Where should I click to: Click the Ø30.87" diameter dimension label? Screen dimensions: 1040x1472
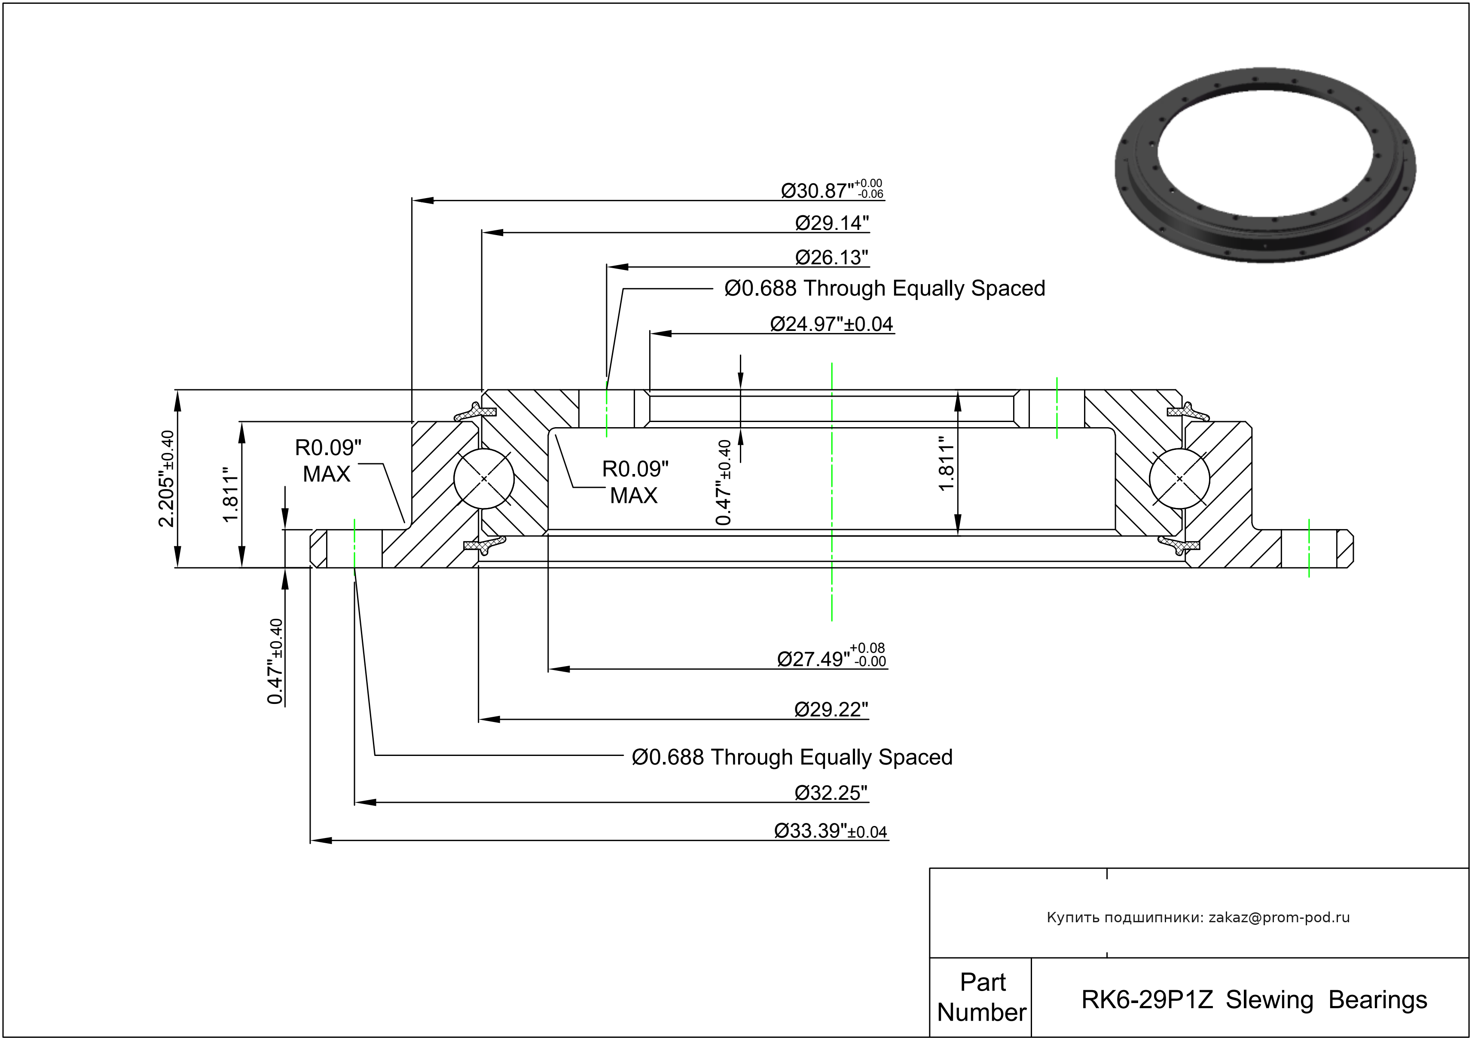831,190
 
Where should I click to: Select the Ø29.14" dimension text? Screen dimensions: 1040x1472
831,223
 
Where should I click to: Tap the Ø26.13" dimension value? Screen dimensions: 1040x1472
831,258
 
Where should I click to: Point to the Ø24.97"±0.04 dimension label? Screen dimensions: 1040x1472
831,324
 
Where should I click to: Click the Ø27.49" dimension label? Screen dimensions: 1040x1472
831,658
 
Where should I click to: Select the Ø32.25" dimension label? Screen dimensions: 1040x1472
831,793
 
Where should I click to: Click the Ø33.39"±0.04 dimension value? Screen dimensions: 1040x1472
830,831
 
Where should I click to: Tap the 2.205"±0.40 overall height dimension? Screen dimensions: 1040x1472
166,478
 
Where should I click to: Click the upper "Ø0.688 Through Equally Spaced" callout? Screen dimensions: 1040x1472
884,288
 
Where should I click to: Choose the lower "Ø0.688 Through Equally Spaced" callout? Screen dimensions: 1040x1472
792,757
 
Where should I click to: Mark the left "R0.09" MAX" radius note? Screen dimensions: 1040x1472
327,460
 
